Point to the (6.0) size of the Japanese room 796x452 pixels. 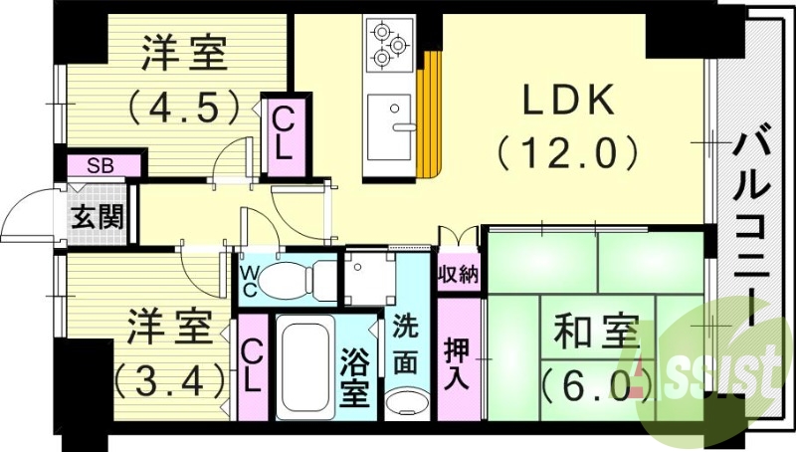point(588,382)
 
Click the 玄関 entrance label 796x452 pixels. point(97,215)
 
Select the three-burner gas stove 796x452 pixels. point(389,45)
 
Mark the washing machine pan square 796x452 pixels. point(367,278)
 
